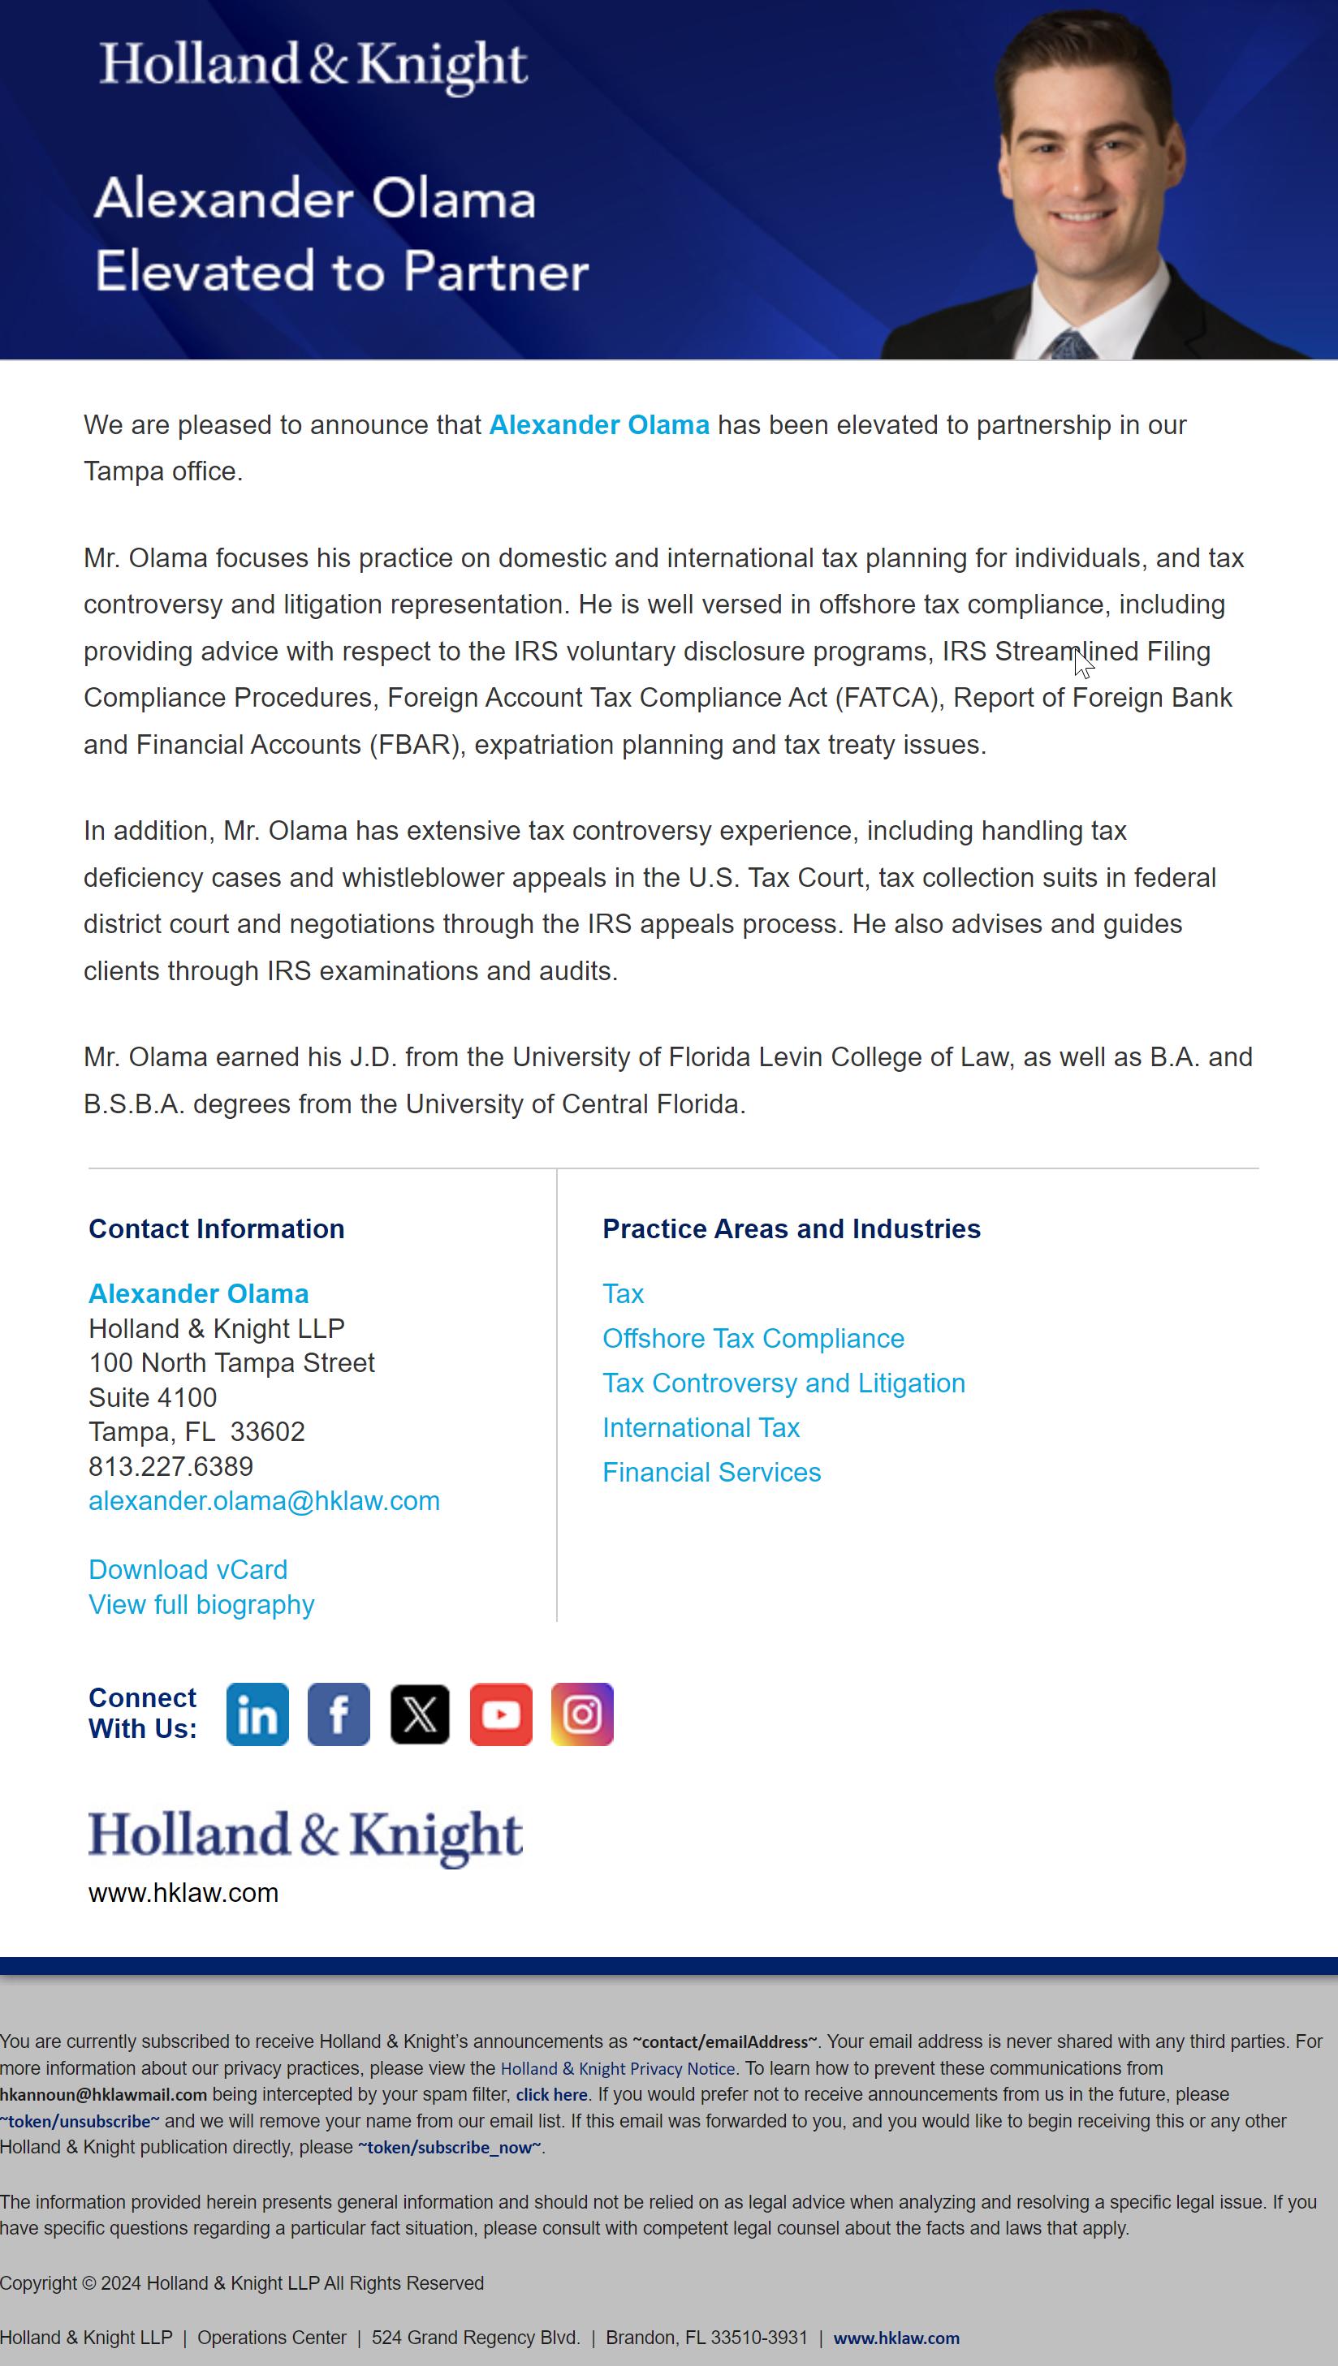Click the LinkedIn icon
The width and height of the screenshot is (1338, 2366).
257,1714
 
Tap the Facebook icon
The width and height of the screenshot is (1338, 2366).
339,1714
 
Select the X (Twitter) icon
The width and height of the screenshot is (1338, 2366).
420,1714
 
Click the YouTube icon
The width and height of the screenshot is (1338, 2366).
501,1714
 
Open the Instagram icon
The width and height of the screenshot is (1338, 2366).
581,1714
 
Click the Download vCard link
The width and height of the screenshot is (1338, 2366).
188,1570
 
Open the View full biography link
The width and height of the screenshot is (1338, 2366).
201,1605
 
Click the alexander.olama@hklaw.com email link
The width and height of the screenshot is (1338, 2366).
264,1501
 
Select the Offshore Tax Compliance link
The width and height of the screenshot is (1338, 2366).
753,1338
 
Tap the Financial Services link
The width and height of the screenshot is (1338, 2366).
711,1473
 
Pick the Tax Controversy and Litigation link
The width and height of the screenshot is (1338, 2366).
783,1383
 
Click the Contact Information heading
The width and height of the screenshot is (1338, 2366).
216,1229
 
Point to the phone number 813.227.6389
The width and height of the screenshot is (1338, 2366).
171,1466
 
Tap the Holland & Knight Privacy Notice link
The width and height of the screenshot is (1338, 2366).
618,2068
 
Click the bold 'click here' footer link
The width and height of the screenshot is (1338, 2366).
551,2095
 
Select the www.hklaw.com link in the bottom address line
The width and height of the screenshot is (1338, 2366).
896,2338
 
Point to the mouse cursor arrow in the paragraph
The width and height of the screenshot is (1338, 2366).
1082,662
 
